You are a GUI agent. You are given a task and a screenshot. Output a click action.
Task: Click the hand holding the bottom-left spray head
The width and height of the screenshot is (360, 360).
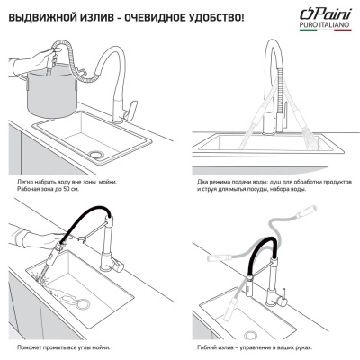36,247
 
